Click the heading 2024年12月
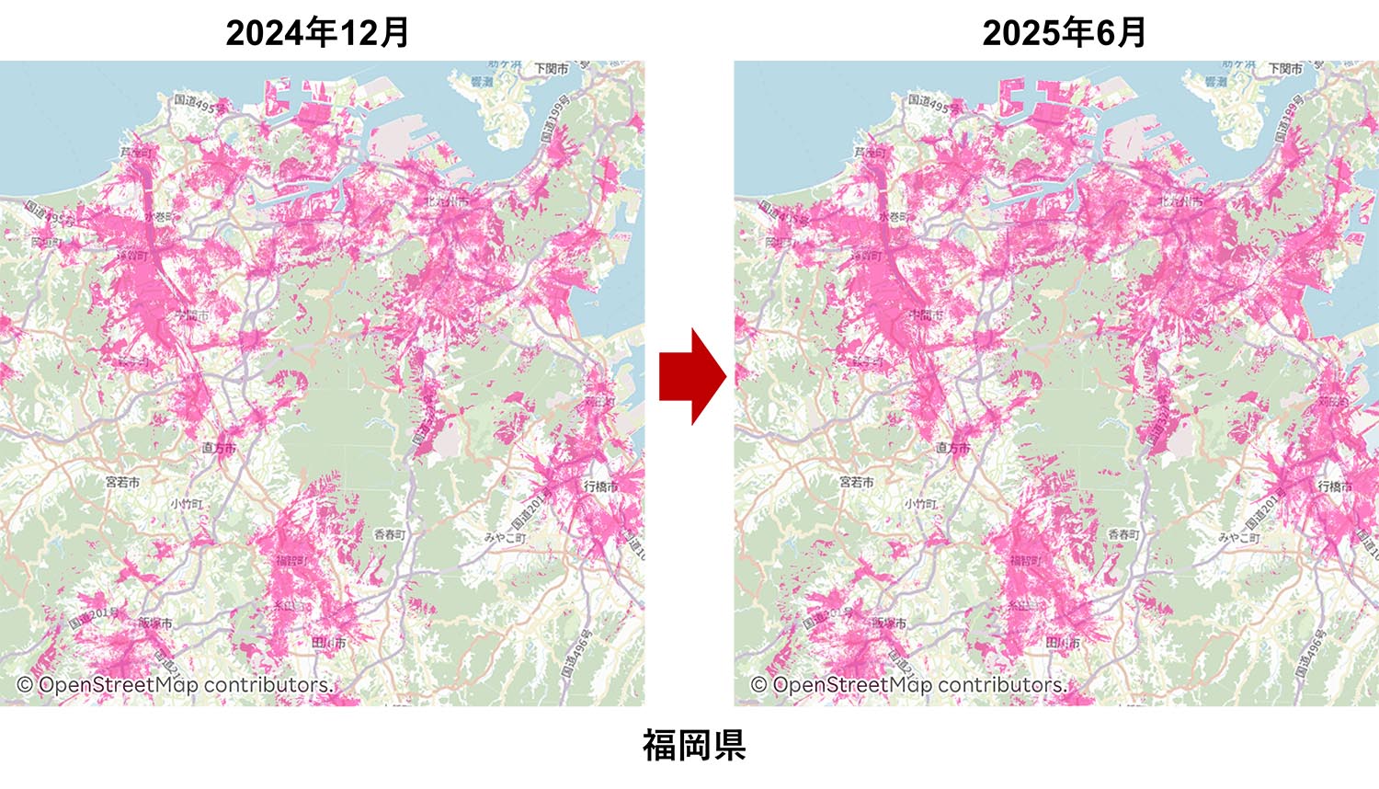[x=317, y=33]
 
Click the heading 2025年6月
[x=1064, y=33]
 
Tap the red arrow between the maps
[x=692, y=376]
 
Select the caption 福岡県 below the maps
[x=693, y=745]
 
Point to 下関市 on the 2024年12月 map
[x=552, y=69]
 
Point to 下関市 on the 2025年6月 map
[x=1285, y=69]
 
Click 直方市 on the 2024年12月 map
[x=219, y=448]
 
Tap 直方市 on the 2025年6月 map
[x=952, y=448]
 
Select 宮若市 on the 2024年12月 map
[x=122, y=481]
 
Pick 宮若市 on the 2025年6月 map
[x=856, y=481]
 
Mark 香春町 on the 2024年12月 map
[x=389, y=534]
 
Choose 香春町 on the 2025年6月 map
[x=1123, y=534]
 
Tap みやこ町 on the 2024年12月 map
[x=506, y=537]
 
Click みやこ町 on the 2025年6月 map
[x=1239, y=537]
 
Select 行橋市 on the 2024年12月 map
[x=600, y=486]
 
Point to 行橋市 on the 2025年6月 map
[x=1334, y=486]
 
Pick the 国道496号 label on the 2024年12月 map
[x=576, y=654]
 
